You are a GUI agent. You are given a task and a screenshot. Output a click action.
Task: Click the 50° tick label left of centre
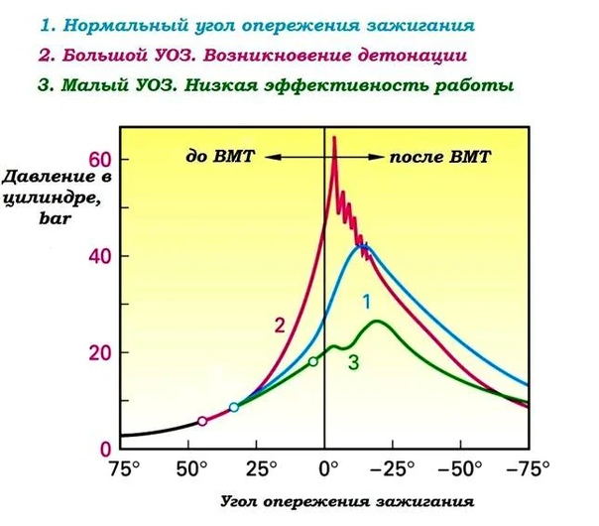[x=189, y=467]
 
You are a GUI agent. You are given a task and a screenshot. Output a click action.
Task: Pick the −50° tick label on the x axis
[x=464, y=467]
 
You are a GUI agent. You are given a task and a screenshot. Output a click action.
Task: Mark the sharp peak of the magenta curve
[x=334, y=138]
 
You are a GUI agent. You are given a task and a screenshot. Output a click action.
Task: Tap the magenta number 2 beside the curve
[x=280, y=325]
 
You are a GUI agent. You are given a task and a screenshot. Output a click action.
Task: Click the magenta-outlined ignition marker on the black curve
[x=202, y=422]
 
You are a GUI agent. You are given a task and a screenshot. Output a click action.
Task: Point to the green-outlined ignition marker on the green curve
[x=313, y=361]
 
